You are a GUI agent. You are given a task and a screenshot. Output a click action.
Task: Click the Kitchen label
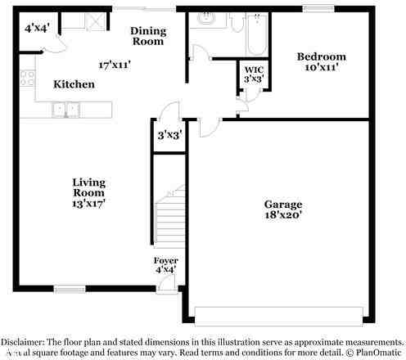point(74,84)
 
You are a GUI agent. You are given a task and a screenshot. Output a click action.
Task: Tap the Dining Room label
point(148,35)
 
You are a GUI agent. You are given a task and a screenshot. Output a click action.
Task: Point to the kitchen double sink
point(66,107)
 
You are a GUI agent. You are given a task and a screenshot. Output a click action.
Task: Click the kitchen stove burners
point(26,79)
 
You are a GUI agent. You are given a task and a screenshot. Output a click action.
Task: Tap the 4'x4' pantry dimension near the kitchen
point(38,28)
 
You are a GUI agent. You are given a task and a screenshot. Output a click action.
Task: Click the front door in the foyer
point(168,282)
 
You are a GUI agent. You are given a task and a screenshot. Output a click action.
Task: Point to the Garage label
point(282,204)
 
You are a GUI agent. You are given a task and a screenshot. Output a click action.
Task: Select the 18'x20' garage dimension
point(282,215)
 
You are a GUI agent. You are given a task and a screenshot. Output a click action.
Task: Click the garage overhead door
point(279,313)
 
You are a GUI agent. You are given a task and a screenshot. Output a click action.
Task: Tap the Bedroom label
point(320,56)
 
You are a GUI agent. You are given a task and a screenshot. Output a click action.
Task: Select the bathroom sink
point(205,18)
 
